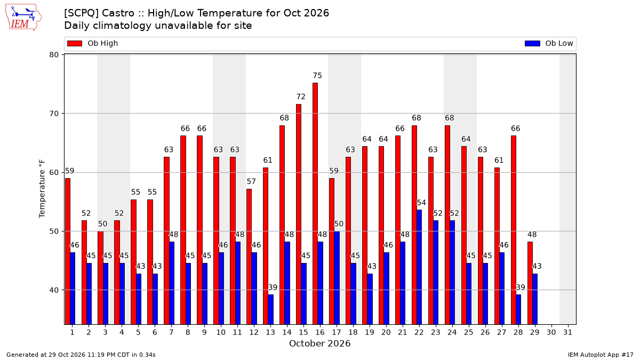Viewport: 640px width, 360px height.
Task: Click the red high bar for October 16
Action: point(315,204)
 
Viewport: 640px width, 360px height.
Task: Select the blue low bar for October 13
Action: point(270,309)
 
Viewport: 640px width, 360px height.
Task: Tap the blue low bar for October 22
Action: point(419,267)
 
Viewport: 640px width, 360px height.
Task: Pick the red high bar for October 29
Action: point(530,283)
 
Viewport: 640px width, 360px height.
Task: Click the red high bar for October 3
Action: point(100,278)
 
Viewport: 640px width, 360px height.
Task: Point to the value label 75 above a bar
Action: point(317,75)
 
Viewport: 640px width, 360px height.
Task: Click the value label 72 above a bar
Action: point(301,97)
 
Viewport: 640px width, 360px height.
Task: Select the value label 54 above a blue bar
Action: point(421,203)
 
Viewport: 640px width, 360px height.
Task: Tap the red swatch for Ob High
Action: point(75,43)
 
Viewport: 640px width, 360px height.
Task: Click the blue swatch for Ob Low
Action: point(532,43)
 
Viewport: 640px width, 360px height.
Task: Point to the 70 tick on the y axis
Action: point(54,114)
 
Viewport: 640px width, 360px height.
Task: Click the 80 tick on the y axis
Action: point(54,54)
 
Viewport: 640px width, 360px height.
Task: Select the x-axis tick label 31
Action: point(567,332)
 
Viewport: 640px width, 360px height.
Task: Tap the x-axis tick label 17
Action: point(337,332)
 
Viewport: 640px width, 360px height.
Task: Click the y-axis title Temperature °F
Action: point(42,189)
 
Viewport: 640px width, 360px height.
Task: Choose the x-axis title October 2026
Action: point(319,343)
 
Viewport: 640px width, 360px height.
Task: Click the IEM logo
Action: point(23,18)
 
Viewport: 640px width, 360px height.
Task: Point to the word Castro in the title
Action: point(118,13)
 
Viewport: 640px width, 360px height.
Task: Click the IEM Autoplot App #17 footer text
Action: point(601,355)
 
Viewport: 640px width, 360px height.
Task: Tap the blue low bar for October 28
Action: point(518,309)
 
